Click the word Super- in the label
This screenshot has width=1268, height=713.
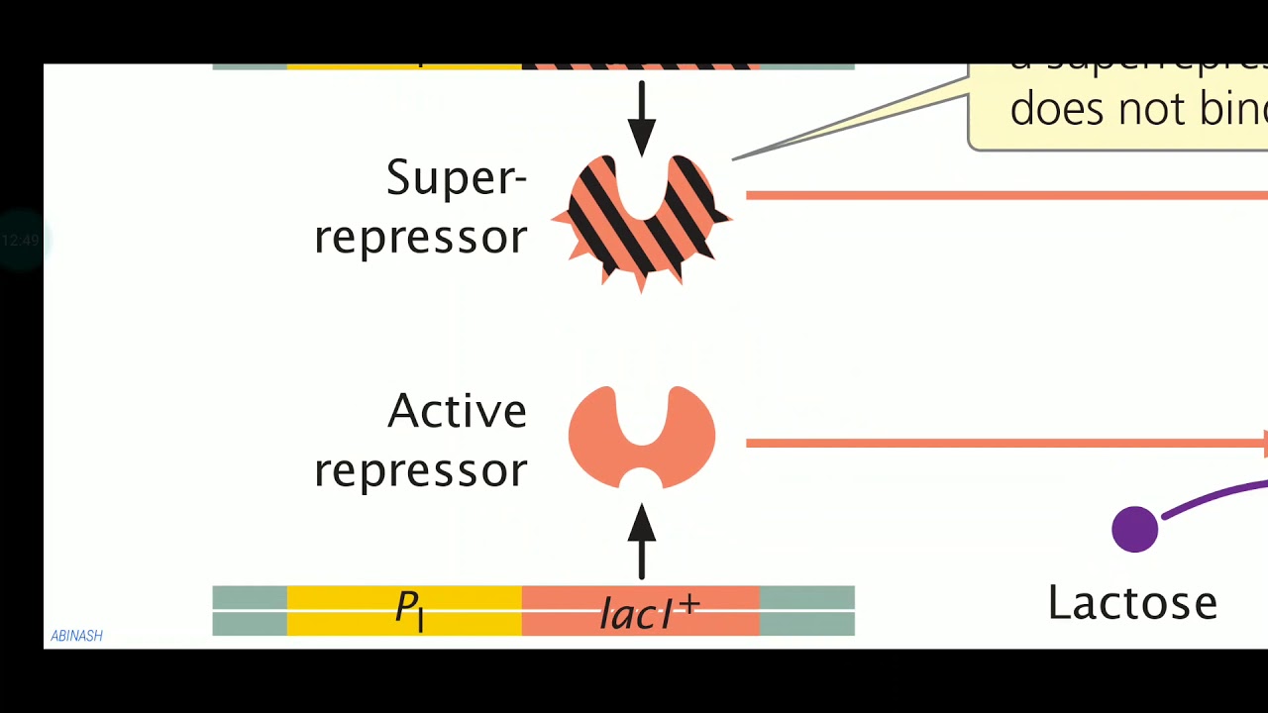pos(456,178)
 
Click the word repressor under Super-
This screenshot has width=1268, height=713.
pos(421,238)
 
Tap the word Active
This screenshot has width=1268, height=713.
pos(457,411)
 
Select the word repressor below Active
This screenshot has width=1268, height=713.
pos(421,470)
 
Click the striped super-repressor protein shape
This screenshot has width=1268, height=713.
pos(642,223)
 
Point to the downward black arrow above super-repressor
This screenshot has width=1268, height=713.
pos(642,117)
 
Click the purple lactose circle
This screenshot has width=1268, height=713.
pos(1135,529)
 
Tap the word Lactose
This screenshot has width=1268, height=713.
pos(1132,603)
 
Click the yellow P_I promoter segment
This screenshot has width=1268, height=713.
pos(404,610)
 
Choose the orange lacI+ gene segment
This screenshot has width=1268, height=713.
pos(640,610)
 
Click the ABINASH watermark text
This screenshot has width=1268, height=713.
pos(76,636)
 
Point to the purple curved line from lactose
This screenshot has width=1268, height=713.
pos(1214,497)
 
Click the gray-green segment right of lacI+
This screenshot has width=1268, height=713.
pos(806,610)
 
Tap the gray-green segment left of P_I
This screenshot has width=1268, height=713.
pos(250,610)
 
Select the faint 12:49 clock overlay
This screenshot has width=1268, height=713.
pos(20,241)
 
